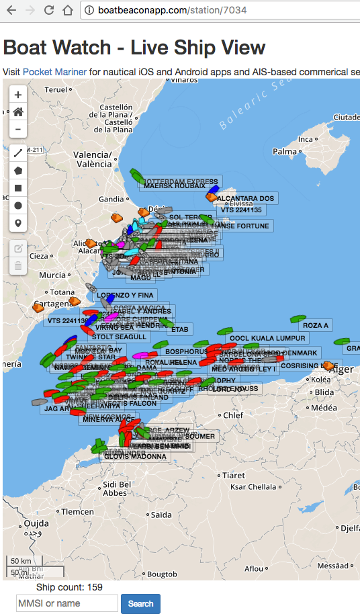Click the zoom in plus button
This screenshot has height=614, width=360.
coord(18,95)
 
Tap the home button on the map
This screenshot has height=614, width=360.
coord(18,112)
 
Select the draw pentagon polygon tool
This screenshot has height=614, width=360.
coord(18,171)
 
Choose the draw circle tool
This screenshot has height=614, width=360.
coord(18,206)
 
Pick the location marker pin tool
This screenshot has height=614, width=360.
coord(18,223)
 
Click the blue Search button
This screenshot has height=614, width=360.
coord(140,603)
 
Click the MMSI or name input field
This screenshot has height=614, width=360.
coord(67,603)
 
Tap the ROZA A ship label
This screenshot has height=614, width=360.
coord(316,325)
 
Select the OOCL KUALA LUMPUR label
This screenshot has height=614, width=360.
coord(267,338)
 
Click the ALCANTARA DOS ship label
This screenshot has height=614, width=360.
coord(246,198)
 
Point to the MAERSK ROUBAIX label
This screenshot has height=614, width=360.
coord(174,186)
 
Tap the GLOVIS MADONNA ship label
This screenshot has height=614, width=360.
coord(139,457)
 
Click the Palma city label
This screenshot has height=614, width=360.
coord(285,151)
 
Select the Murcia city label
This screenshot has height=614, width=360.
coord(52,275)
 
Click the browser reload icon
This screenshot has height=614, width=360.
coord(49,10)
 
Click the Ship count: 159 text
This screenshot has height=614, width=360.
coord(69,587)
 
